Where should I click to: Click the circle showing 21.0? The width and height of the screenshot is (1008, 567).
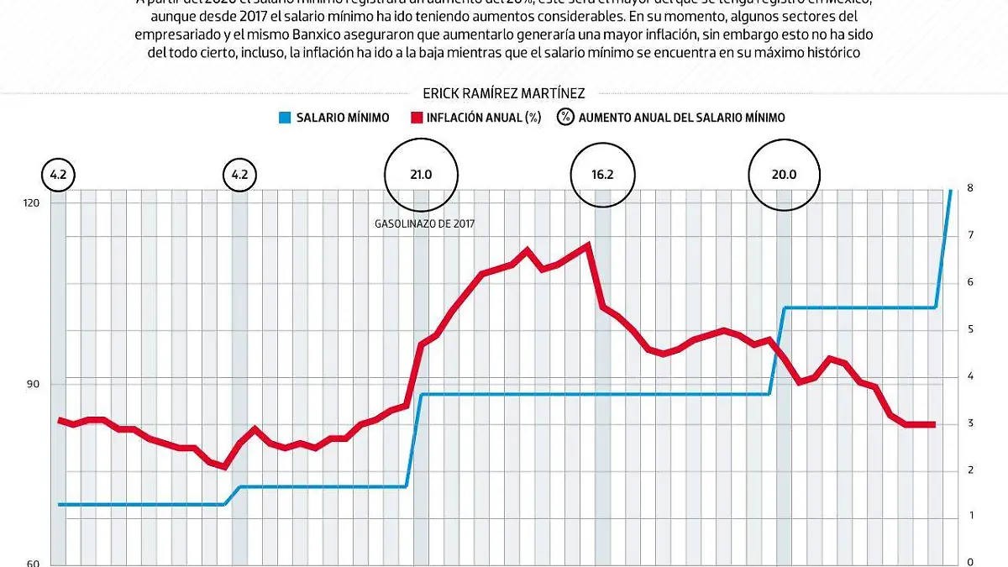(x=421, y=175)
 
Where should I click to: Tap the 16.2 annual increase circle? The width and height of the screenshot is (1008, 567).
(x=602, y=175)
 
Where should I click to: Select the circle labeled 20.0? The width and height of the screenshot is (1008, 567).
(x=785, y=175)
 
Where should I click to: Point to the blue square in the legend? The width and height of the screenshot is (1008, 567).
(x=284, y=118)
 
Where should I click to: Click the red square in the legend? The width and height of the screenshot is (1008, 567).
(x=414, y=118)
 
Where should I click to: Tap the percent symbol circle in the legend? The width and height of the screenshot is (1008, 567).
(x=565, y=118)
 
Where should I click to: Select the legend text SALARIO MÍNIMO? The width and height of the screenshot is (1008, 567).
(x=342, y=118)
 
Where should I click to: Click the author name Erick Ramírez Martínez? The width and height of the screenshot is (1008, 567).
(x=503, y=94)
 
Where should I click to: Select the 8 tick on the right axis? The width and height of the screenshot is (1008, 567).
(x=969, y=188)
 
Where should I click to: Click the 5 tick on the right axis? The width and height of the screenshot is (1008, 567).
(x=969, y=329)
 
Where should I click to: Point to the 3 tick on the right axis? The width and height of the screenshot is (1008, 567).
(x=969, y=423)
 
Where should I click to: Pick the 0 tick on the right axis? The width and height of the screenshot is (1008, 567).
(x=969, y=562)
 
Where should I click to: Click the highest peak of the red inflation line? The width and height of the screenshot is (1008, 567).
(x=587, y=244)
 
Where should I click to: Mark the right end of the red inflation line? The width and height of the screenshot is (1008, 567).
(x=933, y=424)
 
